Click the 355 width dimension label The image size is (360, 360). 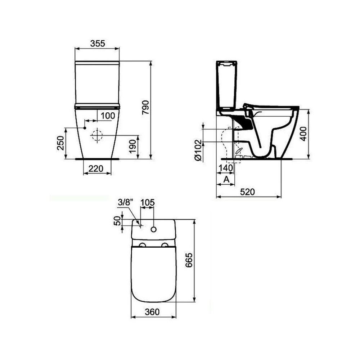[97, 43]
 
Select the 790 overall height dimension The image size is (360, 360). [145, 107]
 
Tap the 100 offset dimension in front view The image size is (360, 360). [108, 116]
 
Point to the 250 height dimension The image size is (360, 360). [60, 143]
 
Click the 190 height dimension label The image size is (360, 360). [133, 147]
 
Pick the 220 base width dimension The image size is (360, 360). [96, 169]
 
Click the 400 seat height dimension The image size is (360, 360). [303, 134]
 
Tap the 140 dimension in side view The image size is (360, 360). [226, 168]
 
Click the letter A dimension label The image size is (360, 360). [226, 180]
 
